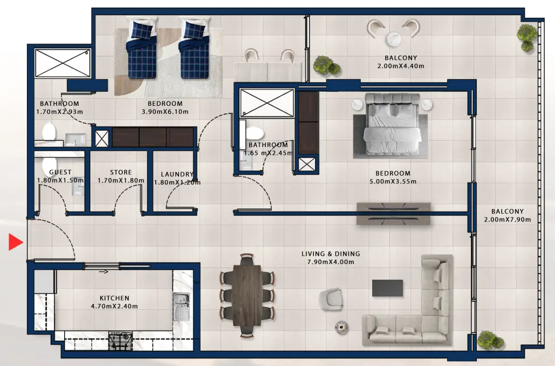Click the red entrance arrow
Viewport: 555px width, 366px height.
[15, 242]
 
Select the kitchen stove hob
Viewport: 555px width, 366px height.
[121, 341]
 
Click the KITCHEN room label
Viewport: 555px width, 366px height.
[114, 298]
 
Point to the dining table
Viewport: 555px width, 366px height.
[247, 294]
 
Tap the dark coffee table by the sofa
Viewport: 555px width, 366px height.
[387, 287]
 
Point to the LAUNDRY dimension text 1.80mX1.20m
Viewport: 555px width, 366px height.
[177, 182]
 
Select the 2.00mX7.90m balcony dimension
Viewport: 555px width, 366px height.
[507, 220]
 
